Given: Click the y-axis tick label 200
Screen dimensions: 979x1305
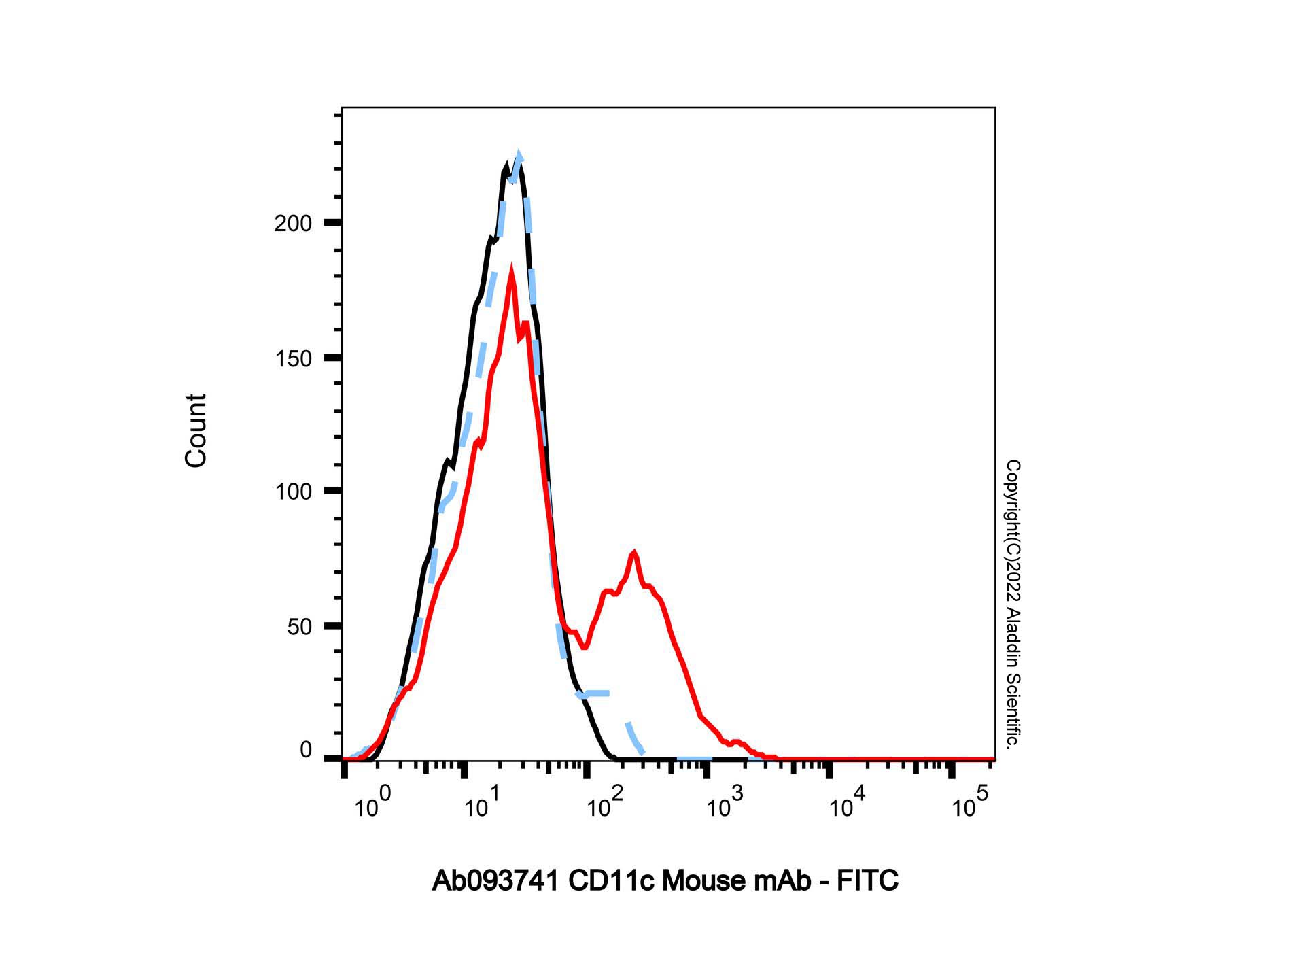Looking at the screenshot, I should pyautogui.click(x=293, y=224).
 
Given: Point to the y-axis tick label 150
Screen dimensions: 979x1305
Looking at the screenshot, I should pyautogui.click(x=293, y=359).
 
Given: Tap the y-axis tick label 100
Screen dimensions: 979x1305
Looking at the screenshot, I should pyautogui.click(x=293, y=492).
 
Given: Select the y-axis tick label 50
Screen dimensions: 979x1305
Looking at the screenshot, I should pyautogui.click(x=299, y=627).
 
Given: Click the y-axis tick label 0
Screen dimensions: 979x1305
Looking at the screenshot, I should pyautogui.click(x=306, y=750).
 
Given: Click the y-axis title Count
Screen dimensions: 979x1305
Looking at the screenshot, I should pyautogui.click(x=196, y=430).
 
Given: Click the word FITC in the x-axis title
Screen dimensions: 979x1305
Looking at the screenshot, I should pyautogui.click(x=867, y=881).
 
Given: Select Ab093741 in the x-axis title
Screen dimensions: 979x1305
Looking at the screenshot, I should pyautogui.click(x=495, y=881).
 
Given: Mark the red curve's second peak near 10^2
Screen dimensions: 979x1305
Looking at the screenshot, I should pyautogui.click(x=634, y=553).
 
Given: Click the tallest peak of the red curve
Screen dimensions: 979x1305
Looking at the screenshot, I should pyautogui.click(x=511, y=273).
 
